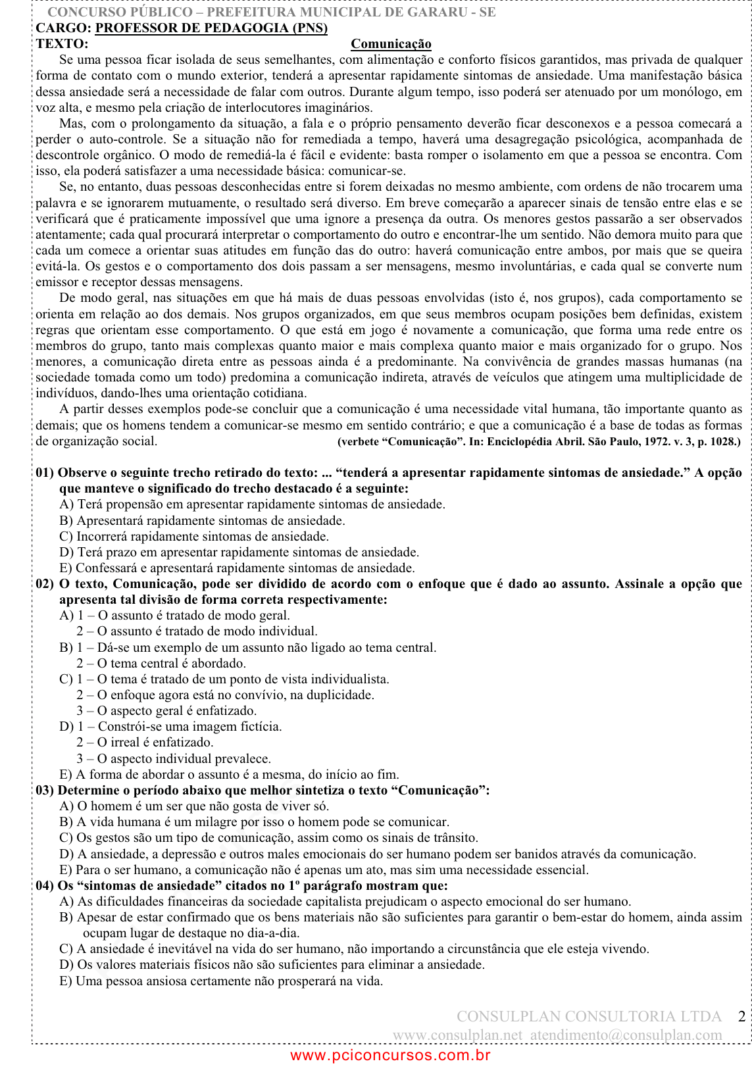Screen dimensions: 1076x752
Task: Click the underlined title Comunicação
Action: coord(391,44)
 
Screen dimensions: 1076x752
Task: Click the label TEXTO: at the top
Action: coord(62,44)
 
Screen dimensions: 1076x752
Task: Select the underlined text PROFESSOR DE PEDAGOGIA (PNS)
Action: coord(211,28)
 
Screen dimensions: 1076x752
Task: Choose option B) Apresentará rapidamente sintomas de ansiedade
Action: coord(202,521)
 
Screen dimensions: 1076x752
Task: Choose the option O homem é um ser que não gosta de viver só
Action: coord(194,806)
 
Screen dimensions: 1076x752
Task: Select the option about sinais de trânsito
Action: coord(268,838)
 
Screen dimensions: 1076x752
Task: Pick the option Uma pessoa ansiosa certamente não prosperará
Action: coord(221,981)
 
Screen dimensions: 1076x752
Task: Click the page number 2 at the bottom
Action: coord(741,1017)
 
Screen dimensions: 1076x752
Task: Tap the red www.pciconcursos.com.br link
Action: coord(390,1056)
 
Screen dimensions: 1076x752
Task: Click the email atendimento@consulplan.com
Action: coord(626,1035)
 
